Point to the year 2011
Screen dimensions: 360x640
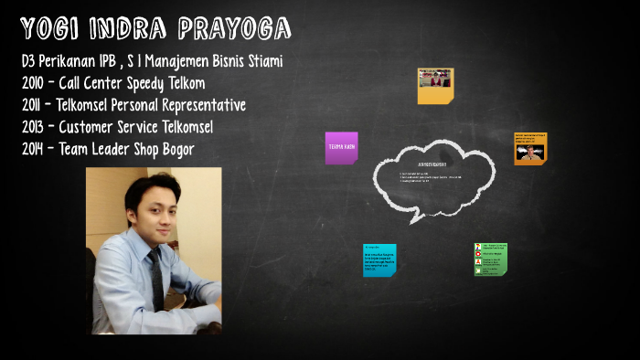coord(36,105)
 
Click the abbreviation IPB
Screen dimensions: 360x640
coord(113,61)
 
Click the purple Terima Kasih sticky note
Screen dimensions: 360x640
coord(341,147)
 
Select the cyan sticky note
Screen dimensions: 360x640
coord(379,259)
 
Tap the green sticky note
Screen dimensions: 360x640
coord(490,259)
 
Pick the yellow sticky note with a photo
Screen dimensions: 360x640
coord(435,85)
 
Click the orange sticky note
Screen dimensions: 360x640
coord(530,147)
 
